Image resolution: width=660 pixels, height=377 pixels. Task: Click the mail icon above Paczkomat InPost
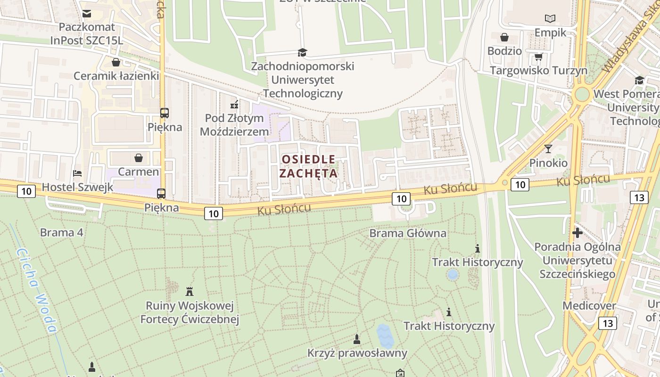87,14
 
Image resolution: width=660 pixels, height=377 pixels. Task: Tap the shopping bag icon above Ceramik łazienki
116,62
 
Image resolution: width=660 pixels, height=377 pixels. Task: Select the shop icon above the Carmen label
139,158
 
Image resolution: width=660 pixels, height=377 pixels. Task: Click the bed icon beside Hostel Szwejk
77,174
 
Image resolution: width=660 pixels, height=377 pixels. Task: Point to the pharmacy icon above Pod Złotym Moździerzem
234,104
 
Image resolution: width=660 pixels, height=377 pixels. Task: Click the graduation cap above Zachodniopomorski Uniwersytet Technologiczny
302,52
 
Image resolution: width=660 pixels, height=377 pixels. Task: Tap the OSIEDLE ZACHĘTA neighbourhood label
308,166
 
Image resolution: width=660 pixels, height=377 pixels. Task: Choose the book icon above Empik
550,19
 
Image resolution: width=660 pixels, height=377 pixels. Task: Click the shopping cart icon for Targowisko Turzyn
538,57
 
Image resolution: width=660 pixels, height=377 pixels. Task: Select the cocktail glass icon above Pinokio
548,149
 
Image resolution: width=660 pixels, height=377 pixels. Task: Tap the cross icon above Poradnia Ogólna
577,233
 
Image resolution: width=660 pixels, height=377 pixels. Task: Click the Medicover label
589,306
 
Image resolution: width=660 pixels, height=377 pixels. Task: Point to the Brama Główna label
407,233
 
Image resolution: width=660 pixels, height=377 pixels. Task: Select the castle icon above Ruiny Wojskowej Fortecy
190,292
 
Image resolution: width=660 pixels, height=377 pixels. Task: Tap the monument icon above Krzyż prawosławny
357,339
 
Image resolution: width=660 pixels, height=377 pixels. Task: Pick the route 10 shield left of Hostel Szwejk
26,191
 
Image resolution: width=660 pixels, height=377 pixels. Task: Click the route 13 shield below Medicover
608,323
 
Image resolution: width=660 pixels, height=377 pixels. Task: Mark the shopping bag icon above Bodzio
504,37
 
